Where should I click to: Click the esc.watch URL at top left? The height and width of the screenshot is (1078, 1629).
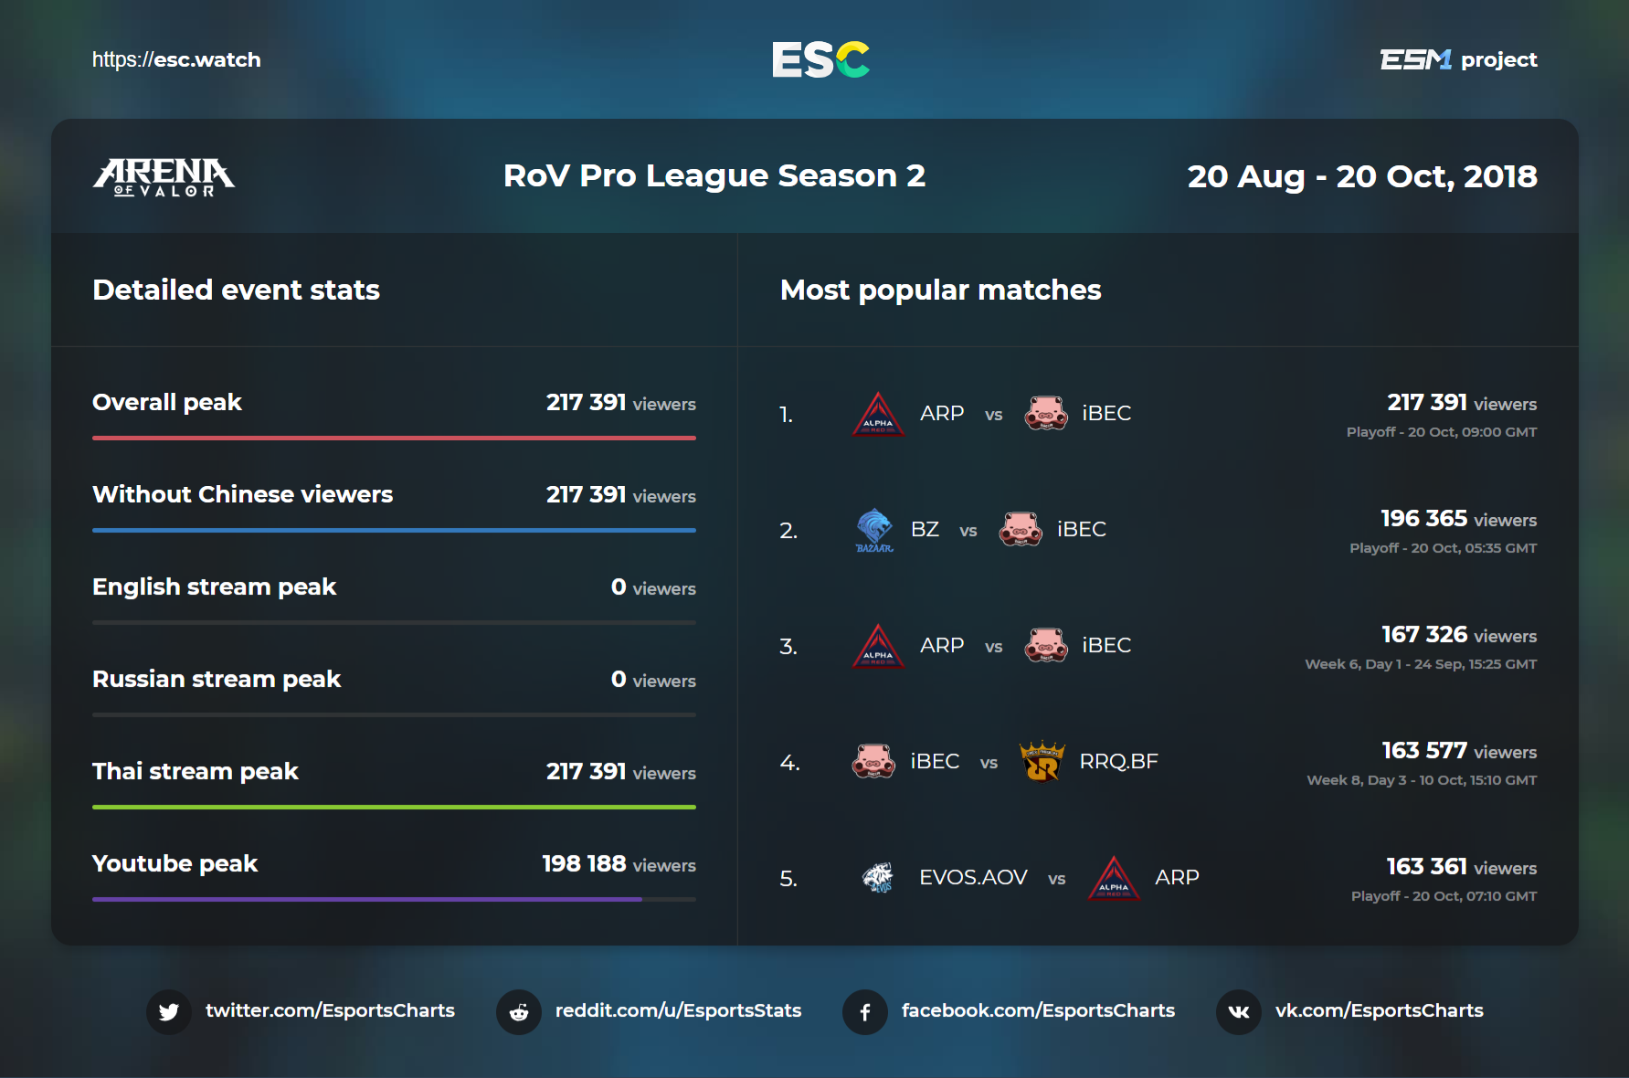click(x=176, y=60)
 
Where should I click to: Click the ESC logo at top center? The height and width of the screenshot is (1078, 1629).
click(x=820, y=60)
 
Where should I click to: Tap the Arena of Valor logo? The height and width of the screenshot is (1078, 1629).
click(x=164, y=176)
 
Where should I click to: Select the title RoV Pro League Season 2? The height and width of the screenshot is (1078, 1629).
click(x=714, y=175)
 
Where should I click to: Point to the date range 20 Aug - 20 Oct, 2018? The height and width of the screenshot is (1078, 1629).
click(x=1361, y=176)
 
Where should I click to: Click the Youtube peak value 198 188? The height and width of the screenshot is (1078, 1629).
click(x=584, y=863)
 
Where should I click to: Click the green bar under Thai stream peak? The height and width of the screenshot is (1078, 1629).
click(x=394, y=807)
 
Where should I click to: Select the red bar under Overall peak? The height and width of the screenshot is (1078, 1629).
click(x=394, y=438)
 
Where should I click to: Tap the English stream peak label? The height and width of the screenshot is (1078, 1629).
click(x=215, y=587)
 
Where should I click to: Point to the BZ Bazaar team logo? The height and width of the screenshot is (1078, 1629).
click(x=874, y=530)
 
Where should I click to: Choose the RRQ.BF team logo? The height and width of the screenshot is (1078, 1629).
click(x=1042, y=762)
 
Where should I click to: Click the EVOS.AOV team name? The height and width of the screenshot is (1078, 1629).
click(x=973, y=878)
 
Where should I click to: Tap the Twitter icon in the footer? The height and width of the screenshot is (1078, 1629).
click(x=169, y=1011)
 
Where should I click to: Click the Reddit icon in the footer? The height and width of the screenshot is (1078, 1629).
click(x=519, y=1011)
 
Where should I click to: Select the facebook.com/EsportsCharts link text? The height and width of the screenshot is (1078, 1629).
click(x=1038, y=1010)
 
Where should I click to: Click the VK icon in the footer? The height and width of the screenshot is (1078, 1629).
click(x=1239, y=1011)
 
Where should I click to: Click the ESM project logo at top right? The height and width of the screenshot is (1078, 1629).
click(x=1458, y=60)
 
